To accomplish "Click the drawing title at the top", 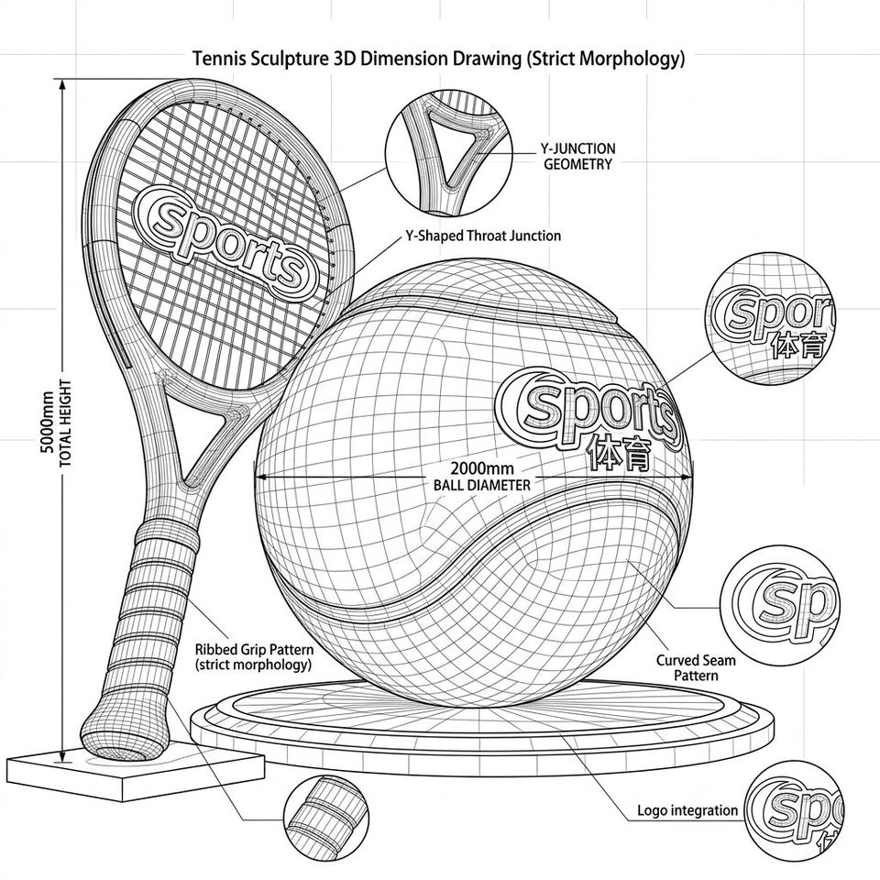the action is [439, 59].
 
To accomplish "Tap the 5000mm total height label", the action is [57, 423].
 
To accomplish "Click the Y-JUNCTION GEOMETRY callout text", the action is [577, 157].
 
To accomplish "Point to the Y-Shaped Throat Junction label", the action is [483, 236].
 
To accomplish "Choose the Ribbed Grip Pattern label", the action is [254, 657].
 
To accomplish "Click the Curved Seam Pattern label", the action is [696, 667].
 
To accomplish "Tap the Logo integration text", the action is [687, 810].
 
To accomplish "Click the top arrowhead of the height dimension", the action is [62, 84].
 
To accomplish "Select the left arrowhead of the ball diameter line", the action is [261, 478].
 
